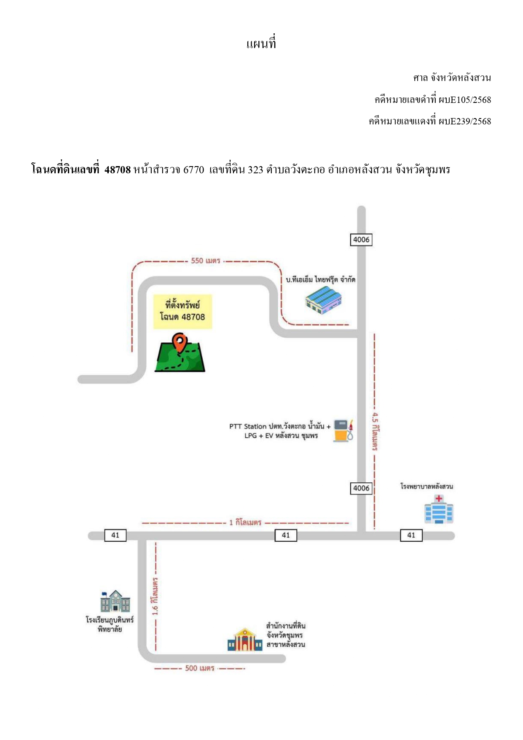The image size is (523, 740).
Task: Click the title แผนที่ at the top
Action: (x=261, y=43)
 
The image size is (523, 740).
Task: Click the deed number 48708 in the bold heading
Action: (x=118, y=170)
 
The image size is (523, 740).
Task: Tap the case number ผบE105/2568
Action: (x=465, y=100)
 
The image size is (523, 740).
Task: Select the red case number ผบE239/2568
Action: (x=465, y=121)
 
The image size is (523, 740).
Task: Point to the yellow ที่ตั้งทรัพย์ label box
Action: (x=182, y=312)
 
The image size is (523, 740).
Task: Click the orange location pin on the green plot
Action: (x=180, y=343)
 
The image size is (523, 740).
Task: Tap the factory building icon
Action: (x=323, y=300)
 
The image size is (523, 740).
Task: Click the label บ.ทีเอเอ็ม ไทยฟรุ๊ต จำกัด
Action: (x=320, y=279)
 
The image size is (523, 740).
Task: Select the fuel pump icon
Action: (x=343, y=431)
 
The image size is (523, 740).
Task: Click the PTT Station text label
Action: (x=280, y=431)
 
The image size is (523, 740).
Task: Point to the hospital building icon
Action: (x=439, y=509)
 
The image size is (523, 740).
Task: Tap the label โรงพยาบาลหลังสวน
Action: (x=426, y=486)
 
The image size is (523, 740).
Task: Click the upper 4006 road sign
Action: (x=361, y=239)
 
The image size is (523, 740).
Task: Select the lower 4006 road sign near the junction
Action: (x=361, y=488)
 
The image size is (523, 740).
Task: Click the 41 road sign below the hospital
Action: (x=411, y=535)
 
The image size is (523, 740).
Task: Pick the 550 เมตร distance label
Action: (x=206, y=261)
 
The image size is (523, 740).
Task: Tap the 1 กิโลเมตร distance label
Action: (x=245, y=522)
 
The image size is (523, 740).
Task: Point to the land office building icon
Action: (x=245, y=640)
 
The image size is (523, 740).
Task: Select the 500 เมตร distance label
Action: (x=200, y=668)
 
